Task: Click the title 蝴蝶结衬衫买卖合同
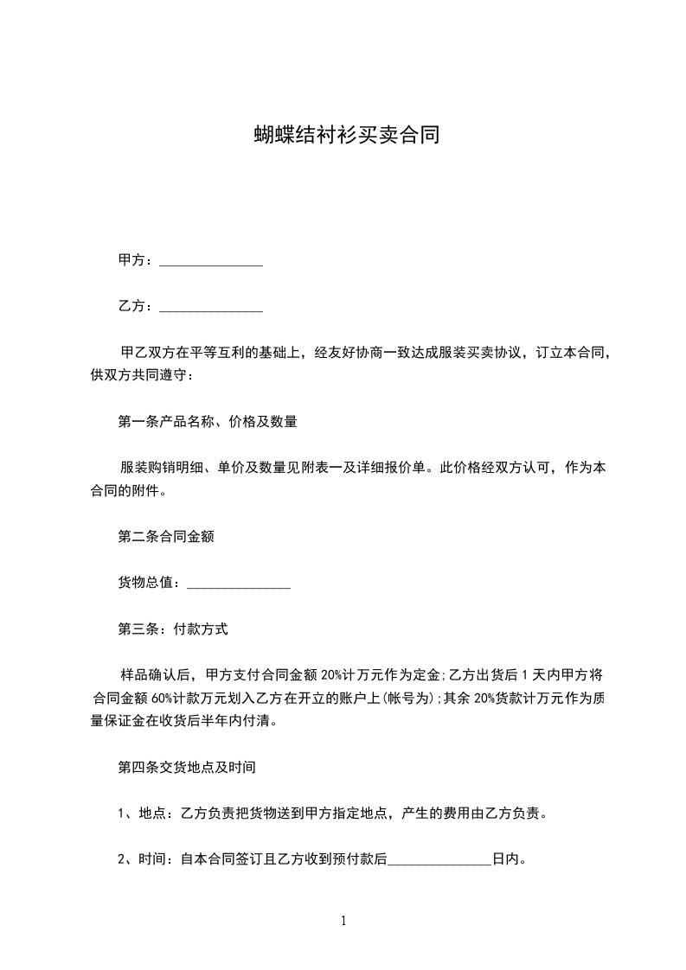pyautogui.click(x=343, y=135)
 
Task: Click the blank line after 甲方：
pyautogui.click(x=211, y=261)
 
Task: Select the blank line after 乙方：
pyautogui.click(x=211, y=307)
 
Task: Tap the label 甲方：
pyautogui.click(x=137, y=260)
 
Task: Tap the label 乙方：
pyautogui.click(x=137, y=306)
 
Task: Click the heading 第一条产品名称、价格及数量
pyautogui.click(x=208, y=423)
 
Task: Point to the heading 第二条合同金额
pyautogui.click(x=166, y=537)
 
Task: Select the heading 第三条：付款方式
pyautogui.click(x=173, y=629)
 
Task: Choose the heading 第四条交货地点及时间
pyautogui.click(x=185, y=767)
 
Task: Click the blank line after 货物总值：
pyautogui.click(x=238, y=584)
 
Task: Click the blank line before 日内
pyautogui.click(x=439, y=860)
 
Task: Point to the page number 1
pyautogui.click(x=343, y=922)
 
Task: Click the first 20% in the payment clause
pyautogui.click(x=333, y=675)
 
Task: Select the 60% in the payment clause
pyautogui.click(x=164, y=698)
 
